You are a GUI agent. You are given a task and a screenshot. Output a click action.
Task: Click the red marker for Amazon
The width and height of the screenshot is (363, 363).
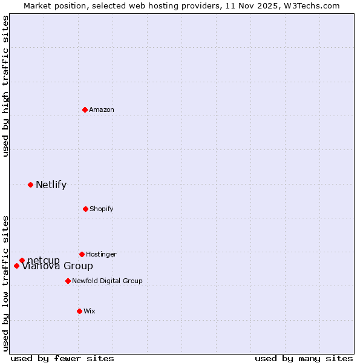pyautogui.click(x=85, y=110)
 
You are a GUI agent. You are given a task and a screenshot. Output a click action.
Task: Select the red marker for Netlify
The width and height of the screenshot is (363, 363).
pyautogui.click(x=30, y=185)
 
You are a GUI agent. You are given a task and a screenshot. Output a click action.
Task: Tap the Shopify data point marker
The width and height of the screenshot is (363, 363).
pyautogui.click(x=85, y=209)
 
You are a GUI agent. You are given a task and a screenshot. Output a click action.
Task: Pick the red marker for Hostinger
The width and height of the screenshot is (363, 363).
pyautogui.click(x=82, y=254)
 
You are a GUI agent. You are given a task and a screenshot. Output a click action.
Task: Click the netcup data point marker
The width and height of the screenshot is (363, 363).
pyautogui.click(x=22, y=260)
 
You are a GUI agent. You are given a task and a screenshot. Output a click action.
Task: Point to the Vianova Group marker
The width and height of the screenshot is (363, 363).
pyautogui.click(x=16, y=266)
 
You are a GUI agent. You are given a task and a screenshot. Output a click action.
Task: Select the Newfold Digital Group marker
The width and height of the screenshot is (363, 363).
pyautogui.click(x=68, y=281)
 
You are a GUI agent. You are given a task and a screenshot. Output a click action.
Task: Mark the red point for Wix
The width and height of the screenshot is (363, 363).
pyautogui.click(x=79, y=311)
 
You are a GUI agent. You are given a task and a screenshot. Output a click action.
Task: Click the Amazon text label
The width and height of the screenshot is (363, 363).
pyautogui.click(x=102, y=110)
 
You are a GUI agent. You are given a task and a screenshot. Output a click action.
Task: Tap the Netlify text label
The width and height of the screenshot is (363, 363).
pyautogui.click(x=51, y=185)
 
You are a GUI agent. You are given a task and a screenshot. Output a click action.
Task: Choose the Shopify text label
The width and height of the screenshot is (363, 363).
pyautogui.click(x=101, y=209)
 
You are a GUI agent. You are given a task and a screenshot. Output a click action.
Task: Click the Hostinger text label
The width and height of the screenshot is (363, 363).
pyautogui.click(x=101, y=255)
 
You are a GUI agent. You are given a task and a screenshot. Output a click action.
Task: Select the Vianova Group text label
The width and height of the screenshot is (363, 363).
pyautogui.click(x=57, y=266)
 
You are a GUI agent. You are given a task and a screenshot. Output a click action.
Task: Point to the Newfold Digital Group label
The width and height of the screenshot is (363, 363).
pyautogui.click(x=107, y=281)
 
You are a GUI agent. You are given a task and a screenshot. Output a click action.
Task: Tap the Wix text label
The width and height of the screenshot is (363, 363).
pyautogui.click(x=90, y=312)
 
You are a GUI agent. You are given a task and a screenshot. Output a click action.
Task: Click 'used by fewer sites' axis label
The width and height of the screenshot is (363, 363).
pyautogui.click(x=62, y=358)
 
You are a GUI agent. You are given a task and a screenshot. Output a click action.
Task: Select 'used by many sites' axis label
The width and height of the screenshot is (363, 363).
pyautogui.click(x=304, y=358)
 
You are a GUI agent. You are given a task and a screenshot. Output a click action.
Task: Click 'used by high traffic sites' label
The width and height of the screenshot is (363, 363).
pyautogui.click(x=5, y=86)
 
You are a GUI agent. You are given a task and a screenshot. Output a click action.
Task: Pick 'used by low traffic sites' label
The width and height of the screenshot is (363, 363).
pyautogui.click(x=5, y=283)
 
